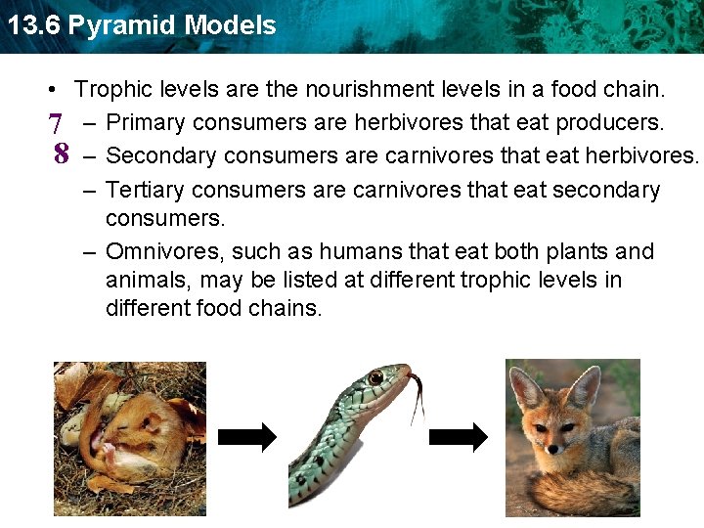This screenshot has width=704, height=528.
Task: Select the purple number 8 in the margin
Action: pyautogui.click(x=61, y=154)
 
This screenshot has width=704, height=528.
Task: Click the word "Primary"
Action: pyautogui.click(x=147, y=123)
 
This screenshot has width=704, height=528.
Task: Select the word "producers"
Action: pyautogui.click(x=612, y=123)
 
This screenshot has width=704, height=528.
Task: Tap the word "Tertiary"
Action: pyautogui.click(x=147, y=190)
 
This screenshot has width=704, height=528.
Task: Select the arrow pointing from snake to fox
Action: pyautogui.click(x=458, y=438)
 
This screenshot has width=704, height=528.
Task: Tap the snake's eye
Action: pyautogui.click(x=375, y=377)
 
